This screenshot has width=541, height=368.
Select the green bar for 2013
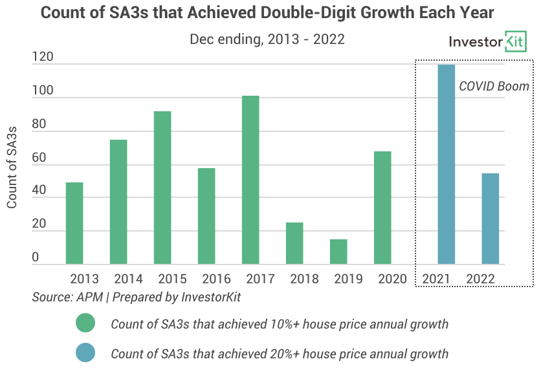74,223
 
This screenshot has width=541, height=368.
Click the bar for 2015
162,188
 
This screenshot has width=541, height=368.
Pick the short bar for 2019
338,252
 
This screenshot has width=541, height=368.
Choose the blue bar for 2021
446,164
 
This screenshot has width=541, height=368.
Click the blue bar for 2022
490,219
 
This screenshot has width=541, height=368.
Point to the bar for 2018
294,243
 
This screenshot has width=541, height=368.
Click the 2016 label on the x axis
216,279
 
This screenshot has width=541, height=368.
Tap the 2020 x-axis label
392,279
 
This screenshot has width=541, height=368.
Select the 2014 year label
128,279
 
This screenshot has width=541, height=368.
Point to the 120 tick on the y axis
43,58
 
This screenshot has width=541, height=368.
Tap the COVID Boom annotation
494,86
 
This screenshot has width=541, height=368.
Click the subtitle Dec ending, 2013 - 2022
267,39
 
